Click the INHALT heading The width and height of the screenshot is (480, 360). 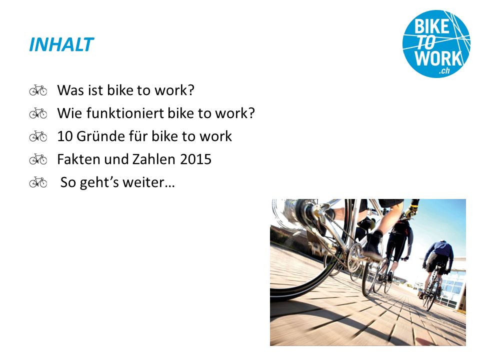(61, 44)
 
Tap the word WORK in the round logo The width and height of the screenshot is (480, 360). (438, 57)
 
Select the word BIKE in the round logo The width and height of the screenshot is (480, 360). (431, 26)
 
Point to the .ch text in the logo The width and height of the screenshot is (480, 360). (444, 70)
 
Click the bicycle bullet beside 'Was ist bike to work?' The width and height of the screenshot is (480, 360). (38, 90)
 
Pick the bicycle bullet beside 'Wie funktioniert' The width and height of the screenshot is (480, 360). (38, 113)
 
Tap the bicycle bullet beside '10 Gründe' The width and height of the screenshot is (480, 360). (38, 136)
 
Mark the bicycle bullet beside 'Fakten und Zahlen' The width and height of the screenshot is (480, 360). (38, 159)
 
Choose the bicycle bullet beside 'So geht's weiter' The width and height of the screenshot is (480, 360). (38, 182)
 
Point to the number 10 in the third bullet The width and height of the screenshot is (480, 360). (64, 136)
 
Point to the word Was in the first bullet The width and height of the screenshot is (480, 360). (70, 90)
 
